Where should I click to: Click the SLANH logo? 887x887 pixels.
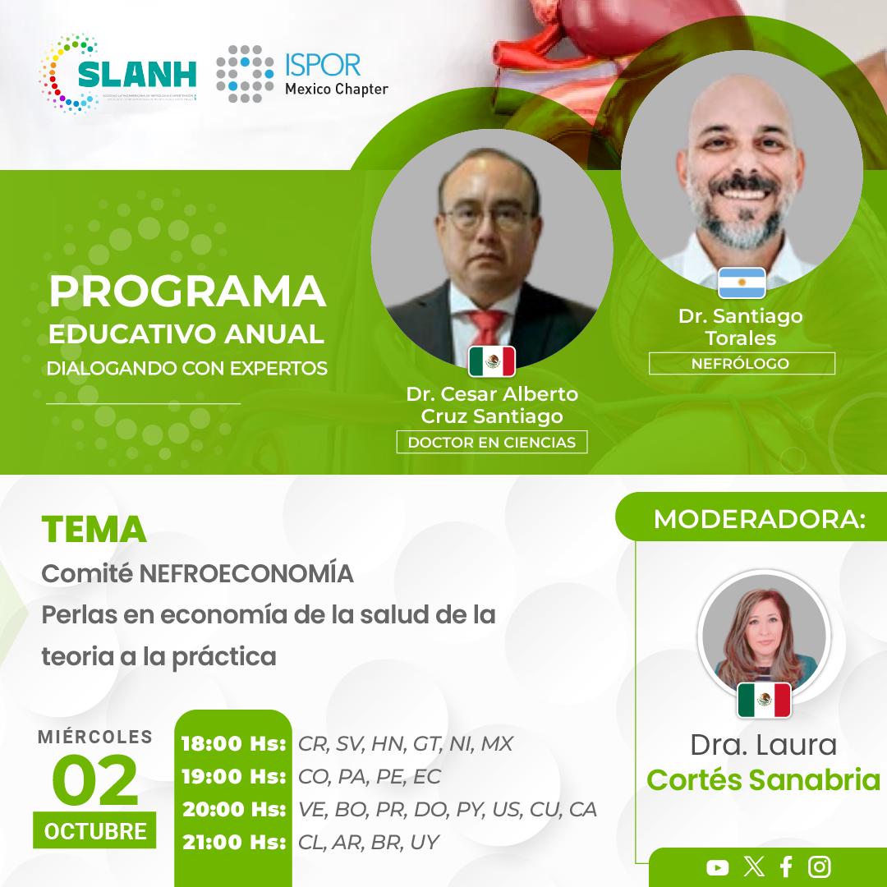(x=119, y=75)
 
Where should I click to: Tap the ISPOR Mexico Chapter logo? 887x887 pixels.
(x=302, y=75)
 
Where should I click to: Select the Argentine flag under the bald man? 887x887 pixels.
(x=742, y=283)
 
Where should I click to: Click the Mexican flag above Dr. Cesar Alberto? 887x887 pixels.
(x=492, y=361)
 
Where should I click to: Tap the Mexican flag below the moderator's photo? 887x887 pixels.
(x=764, y=700)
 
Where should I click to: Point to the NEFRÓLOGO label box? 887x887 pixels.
(x=742, y=363)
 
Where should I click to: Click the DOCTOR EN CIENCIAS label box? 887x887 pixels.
(x=492, y=443)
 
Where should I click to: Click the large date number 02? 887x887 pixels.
(x=94, y=781)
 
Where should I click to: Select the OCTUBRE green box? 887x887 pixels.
(x=95, y=830)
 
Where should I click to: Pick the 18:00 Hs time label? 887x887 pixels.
(x=233, y=744)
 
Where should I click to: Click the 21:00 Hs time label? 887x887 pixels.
(x=233, y=842)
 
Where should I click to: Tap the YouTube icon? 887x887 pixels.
(x=717, y=866)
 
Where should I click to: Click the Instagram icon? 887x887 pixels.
(x=819, y=866)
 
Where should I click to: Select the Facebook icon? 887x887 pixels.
(x=786, y=866)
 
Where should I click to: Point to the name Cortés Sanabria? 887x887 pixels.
(x=763, y=779)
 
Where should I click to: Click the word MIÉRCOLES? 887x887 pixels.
(x=95, y=737)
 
